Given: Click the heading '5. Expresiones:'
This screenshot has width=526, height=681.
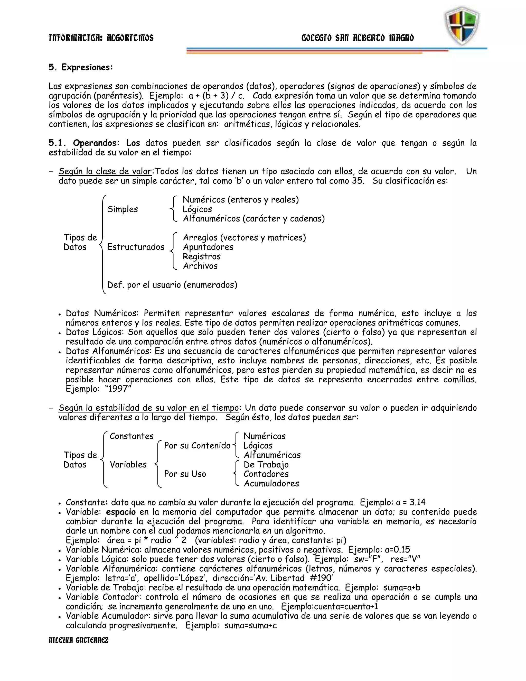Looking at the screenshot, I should (x=81, y=67).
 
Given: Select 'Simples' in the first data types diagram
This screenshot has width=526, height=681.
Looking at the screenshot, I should (x=123, y=209).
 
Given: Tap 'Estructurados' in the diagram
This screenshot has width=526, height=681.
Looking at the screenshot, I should (x=136, y=247).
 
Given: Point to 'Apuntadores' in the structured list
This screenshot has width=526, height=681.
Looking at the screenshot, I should (x=208, y=247).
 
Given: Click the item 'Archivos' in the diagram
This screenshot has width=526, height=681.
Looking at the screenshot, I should (x=200, y=266).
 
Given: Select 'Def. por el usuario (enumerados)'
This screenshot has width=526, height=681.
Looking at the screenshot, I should (x=172, y=285).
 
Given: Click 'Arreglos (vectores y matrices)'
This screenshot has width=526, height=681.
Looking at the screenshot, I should (x=244, y=238).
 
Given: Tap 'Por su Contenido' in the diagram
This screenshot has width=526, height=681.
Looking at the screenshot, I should (x=197, y=446).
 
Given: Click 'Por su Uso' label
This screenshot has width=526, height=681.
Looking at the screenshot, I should (x=185, y=474).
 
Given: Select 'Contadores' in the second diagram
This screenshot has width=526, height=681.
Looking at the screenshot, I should (x=266, y=474).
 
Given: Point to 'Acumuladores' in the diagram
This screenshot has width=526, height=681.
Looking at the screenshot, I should (x=271, y=484).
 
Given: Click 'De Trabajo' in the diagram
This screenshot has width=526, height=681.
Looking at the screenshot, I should (x=266, y=465).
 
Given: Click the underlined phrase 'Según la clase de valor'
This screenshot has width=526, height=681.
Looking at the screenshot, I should (x=105, y=171).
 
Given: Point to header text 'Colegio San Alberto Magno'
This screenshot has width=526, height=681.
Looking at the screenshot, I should (x=358, y=38).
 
